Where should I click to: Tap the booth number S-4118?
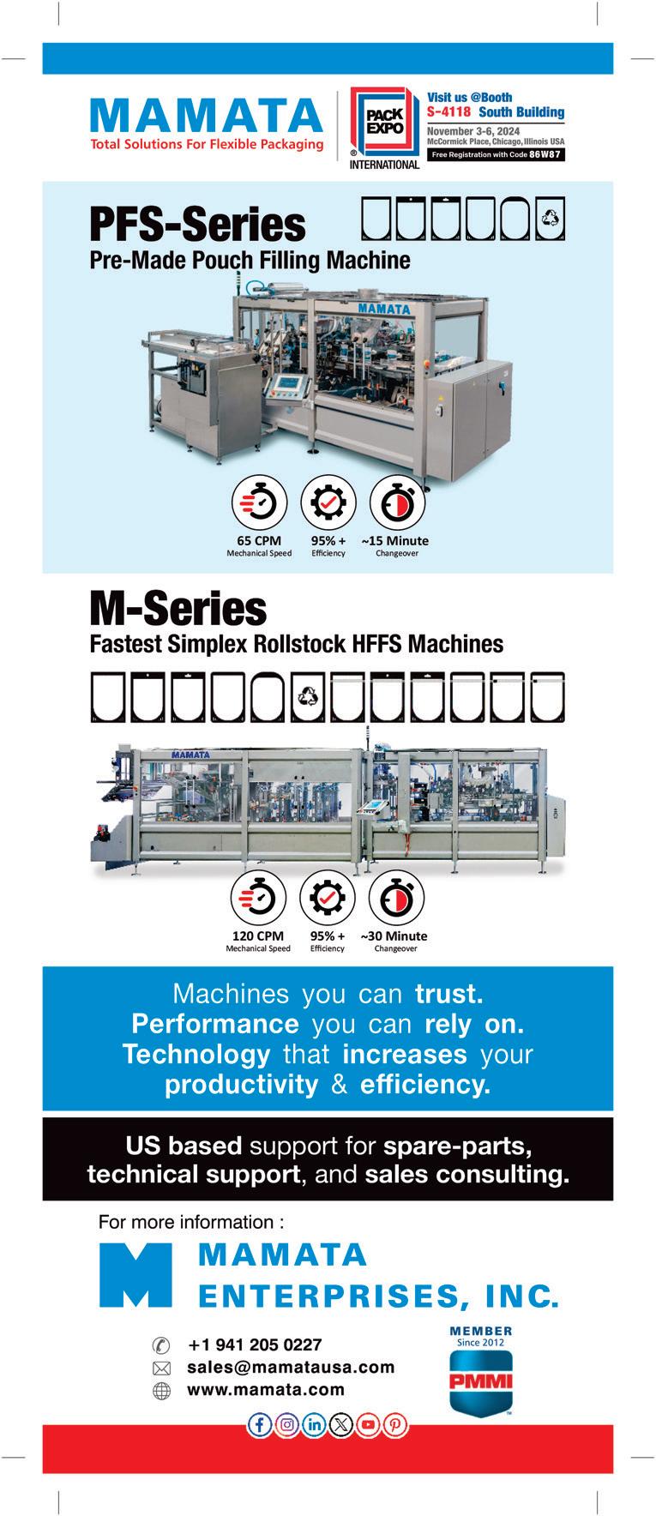click(x=448, y=111)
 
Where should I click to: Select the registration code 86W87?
click(x=545, y=154)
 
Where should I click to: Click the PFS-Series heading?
click(x=197, y=225)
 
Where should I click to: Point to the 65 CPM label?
click(x=259, y=541)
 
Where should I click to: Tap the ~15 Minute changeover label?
click(x=395, y=541)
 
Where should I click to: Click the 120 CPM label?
click(x=258, y=936)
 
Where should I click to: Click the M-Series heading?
click(x=178, y=609)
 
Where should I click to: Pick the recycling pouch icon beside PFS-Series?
click(x=551, y=220)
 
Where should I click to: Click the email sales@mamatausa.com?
click(x=291, y=1367)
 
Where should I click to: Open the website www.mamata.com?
click(x=266, y=1389)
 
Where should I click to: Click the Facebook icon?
click(x=259, y=1424)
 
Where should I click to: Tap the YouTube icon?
click(x=369, y=1424)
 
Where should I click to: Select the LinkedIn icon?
click(x=314, y=1424)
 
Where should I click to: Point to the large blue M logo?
click(x=135, y=1274)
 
